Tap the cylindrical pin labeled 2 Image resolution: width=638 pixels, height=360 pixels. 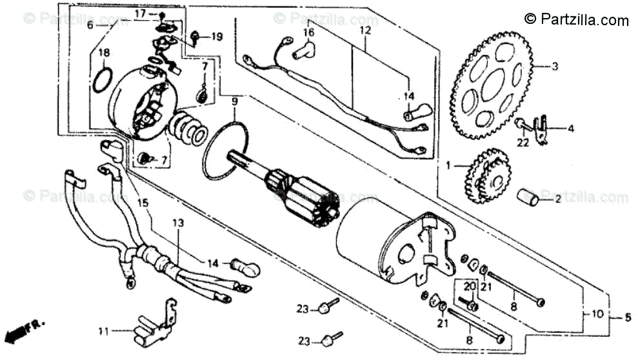point(530,198)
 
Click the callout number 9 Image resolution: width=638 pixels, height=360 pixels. point(235,103)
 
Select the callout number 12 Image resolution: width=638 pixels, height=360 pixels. point(365,30)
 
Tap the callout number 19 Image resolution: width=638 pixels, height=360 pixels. point(215,37)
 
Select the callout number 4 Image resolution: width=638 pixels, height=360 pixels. point(570,128)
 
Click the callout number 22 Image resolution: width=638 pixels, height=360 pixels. point(523,143)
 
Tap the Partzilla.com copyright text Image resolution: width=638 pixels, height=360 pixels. point(576,20)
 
